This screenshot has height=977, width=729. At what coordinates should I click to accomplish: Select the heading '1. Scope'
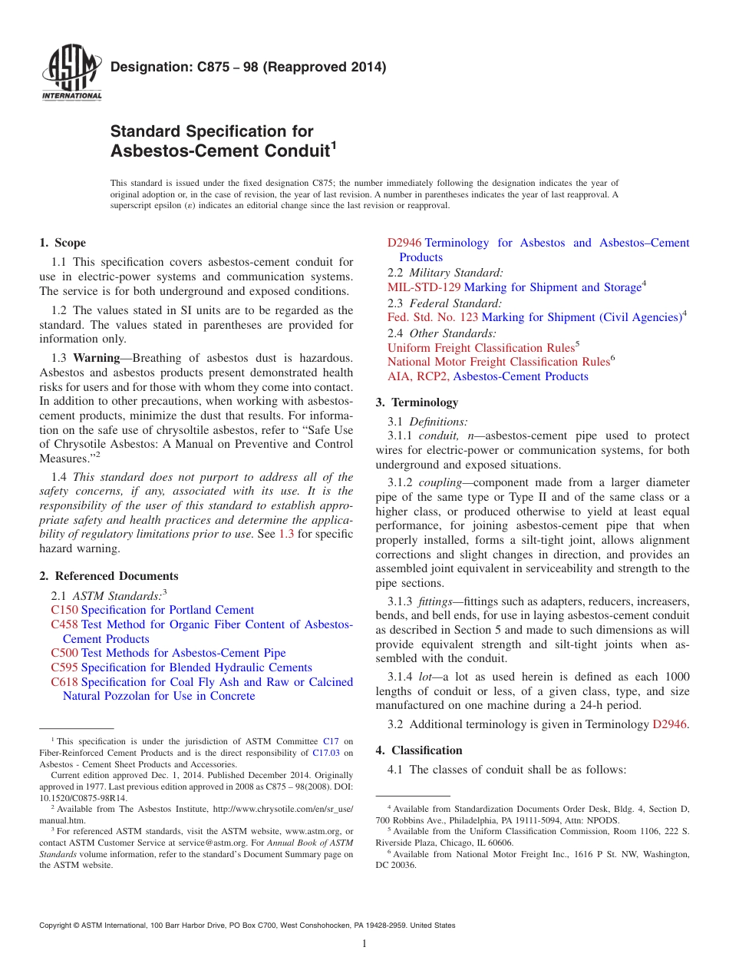[62, 243]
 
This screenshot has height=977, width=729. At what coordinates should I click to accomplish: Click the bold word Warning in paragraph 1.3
[96, 358]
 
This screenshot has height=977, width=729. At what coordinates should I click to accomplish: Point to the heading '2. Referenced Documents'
[108, 576]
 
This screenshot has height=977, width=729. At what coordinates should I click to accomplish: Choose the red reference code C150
[64, 610]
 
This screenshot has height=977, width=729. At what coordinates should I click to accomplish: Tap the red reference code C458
[64, 624]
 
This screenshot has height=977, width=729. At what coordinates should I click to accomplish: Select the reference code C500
[64, 653]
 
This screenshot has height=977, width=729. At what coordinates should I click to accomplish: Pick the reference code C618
[64, 682]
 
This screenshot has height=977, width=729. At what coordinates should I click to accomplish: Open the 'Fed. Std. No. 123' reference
[433, 317]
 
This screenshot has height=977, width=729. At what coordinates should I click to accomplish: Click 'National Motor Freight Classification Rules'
[498, 362]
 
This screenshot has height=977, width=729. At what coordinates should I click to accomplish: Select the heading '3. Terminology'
[417, 402]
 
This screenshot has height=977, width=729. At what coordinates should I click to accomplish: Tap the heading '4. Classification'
[419, 750]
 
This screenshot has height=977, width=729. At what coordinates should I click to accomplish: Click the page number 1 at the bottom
[364, 943]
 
